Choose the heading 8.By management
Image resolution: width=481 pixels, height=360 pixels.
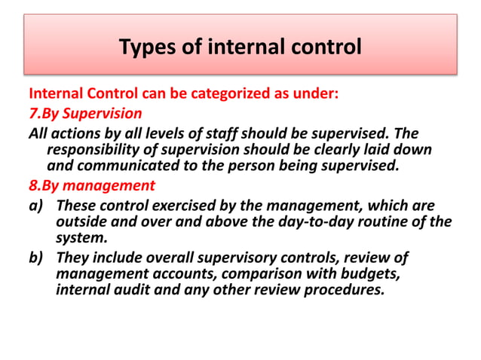pos(91,185)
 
